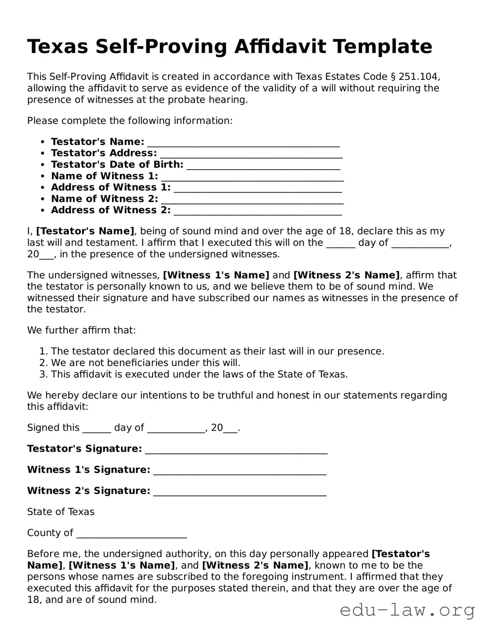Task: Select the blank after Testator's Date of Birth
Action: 263,165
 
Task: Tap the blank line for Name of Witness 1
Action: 252,177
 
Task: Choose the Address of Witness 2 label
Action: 111,210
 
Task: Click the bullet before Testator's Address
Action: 42,154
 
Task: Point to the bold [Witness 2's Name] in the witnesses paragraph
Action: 346,275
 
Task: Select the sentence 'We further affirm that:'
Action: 81,330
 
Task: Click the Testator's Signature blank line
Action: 236,450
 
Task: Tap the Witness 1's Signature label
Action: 88,470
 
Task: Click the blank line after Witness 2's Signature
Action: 240,492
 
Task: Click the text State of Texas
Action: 61,512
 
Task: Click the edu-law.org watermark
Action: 407,610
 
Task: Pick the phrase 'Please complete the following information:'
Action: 130,121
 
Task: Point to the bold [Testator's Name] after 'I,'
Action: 85,232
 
